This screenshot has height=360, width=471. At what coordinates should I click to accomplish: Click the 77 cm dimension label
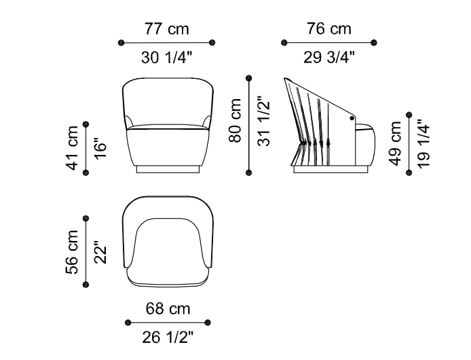(167, 29)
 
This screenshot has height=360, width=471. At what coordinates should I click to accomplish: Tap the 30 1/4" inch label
(166, 57)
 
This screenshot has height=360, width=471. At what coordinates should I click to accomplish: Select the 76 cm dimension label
(329, 29)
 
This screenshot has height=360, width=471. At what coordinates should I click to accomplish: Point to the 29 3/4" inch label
(329, 57)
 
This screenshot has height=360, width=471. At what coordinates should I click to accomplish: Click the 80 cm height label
(235, 120)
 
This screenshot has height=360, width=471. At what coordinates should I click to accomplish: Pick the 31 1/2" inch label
(264, 121)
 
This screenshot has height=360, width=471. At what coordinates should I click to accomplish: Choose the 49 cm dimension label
(395, 143)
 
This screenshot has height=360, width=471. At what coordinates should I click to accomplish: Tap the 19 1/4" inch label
(423, 143)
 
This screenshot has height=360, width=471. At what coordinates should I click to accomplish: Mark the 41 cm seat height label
(72, 148)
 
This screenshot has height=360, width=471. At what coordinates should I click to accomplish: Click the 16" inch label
(100, 149)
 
